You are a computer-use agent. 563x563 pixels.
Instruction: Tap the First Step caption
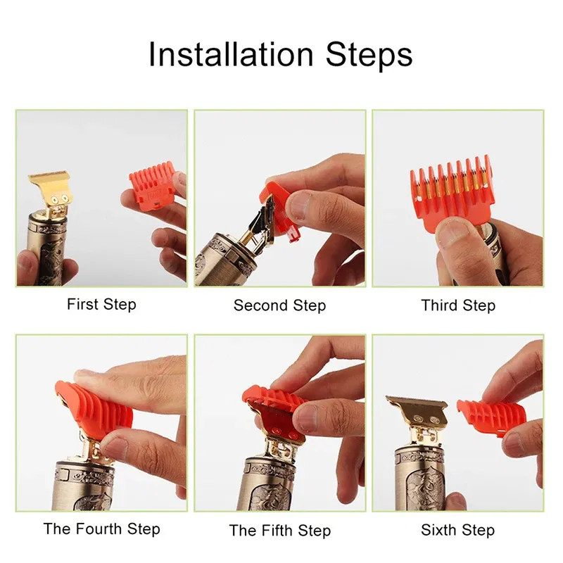101,305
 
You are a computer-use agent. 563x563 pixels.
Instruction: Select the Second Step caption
279,305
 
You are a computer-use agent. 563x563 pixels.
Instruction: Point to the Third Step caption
458,305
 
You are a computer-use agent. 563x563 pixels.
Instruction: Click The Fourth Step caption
101,529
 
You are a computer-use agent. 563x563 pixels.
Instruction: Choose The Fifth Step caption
279,530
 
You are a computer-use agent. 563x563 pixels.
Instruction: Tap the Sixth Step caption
457,530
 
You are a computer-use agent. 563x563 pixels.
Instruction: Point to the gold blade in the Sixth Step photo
417,408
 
